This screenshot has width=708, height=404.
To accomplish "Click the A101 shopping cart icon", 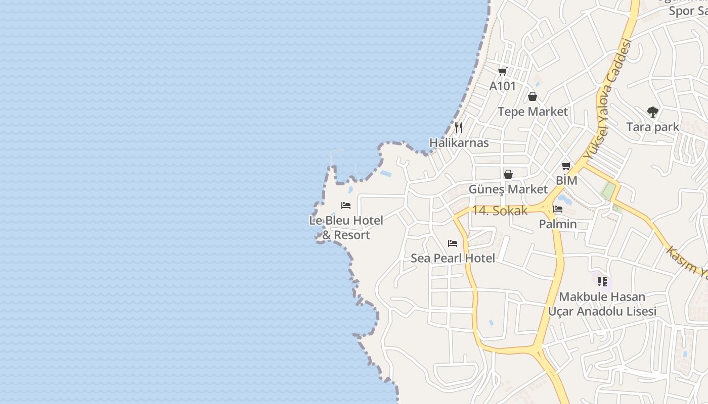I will click(x=502, y=71).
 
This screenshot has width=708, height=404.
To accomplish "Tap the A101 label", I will click(x=502, y=86).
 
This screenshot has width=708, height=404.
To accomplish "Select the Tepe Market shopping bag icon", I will click(x=532, y=96).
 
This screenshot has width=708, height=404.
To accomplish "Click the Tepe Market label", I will click(x=533, y=112).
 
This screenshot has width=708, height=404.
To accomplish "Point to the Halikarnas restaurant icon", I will click(x=459, y=127).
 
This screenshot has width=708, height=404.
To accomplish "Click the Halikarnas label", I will click(x=459, y=142).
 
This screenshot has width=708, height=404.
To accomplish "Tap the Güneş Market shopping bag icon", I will click(x=508, y=174).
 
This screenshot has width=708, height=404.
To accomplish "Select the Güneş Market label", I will click(x=508, y=189).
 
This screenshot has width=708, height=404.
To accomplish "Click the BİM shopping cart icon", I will click(x=566, y=166).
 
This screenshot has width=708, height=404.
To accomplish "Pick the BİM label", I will click(x=566, y=180).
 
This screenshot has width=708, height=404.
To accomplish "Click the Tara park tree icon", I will click(x=652, y=112).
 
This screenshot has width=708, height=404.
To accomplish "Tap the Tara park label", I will click(x=652, y=127).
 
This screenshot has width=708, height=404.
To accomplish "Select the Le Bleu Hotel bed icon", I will click(x=346, y=205).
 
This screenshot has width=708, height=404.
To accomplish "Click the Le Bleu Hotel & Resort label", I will click(x=346, y=227).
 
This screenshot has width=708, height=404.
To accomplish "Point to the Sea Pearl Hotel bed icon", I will click(x=453, y=243).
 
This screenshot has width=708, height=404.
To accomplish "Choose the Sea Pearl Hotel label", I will click(x=453, y=258).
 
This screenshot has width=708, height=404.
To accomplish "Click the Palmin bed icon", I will click(x=558, y=209).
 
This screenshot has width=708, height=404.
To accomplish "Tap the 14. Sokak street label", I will click(x=499, y=211).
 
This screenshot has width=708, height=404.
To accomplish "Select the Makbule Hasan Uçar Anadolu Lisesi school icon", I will click(x=602, y=281).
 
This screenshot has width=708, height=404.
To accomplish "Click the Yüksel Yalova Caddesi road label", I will click(x=607, y=101).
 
